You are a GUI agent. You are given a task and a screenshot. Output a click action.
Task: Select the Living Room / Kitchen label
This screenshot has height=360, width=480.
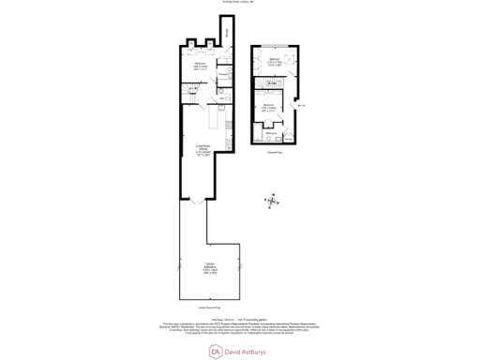pyautogui.click(x=200, y=147)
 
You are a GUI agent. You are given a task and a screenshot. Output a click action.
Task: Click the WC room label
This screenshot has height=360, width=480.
pyautogui.click(x=223, y=97)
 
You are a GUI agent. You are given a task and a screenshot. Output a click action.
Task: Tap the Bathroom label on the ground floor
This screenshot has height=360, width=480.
pyautogui.click(x=270, y=133)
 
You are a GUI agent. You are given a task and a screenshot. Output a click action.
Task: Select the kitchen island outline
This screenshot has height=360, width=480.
pyautogui.click(x=215, y=119)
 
